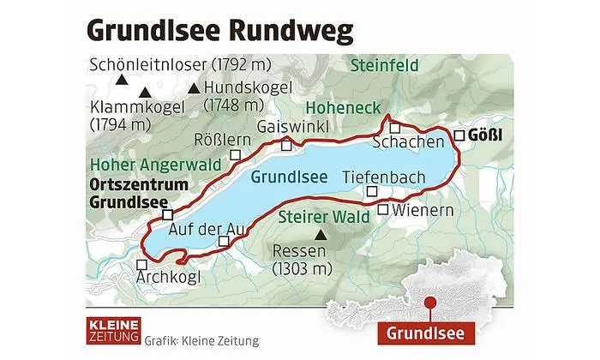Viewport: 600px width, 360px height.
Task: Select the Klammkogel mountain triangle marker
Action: (146, 93)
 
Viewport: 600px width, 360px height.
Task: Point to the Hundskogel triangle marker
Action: (195, 87)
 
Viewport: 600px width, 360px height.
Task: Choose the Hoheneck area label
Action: (342, 109)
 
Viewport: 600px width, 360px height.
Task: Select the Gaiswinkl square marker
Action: (286, 145)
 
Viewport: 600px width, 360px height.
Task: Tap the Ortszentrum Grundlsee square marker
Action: (168, 214)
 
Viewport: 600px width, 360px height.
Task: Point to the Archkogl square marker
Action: (141, 265)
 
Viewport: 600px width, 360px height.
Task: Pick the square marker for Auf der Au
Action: (224, 242)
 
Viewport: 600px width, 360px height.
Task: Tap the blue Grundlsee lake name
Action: (290, 178)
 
